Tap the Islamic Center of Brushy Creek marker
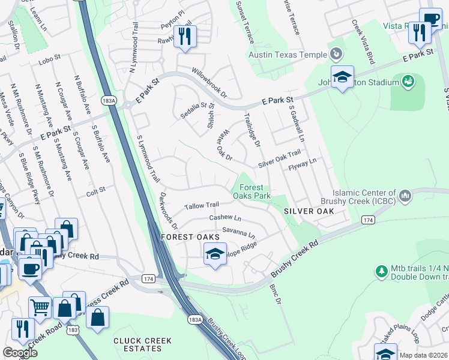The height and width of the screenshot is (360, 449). [405, 196]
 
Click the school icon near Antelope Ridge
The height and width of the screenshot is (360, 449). [215, 254]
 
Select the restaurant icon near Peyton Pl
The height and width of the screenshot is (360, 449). [185, 37]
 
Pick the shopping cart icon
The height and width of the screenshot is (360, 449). [40, 307]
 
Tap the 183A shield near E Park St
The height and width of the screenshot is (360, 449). [109, 100]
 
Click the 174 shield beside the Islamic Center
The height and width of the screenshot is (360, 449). [367, 221]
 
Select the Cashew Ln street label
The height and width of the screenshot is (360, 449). [225, 218]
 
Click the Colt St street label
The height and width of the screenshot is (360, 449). [96, 190]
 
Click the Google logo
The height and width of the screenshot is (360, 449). [20, 353]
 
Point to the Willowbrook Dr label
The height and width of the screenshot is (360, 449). [209, 82]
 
